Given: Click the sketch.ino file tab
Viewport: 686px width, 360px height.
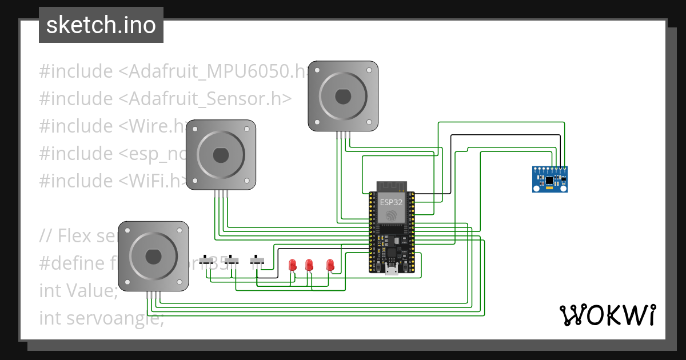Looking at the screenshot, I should point(101,25).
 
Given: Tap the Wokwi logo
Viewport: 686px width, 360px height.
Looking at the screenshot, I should point(607,315).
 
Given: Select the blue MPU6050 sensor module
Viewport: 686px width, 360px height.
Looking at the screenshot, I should point(550,179).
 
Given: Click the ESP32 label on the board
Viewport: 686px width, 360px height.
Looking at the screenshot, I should point(391,202).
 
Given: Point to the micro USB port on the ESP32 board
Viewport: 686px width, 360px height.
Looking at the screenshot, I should point(392,271).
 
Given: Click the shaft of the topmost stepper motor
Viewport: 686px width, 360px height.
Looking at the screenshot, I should point(342,96).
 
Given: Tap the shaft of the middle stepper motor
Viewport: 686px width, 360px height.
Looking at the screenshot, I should point(221,155).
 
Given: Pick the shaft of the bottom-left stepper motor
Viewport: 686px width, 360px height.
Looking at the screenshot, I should point(153,257).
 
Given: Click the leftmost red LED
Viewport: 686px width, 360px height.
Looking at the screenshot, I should point(293,265).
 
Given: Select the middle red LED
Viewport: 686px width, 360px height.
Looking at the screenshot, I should point(309,265).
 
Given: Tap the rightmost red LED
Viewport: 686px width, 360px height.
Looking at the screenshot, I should point(330,265).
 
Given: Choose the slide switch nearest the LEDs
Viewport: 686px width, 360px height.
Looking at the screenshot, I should point(257,261).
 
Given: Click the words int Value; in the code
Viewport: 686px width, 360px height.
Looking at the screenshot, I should point(78,290).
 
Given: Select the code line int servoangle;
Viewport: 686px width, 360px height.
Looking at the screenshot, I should point(101,318).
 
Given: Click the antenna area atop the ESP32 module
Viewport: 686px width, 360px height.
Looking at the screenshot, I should point(392,187).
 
